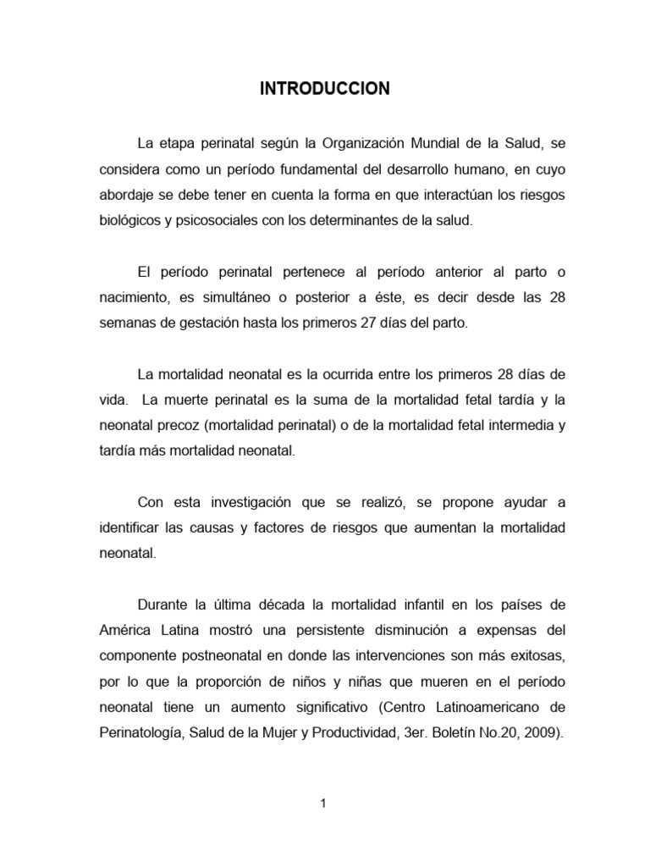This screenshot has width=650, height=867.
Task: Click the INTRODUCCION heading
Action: tap(325, 89)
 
